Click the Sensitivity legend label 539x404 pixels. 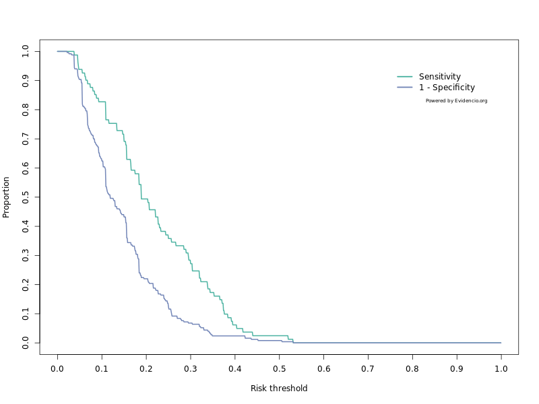tap(439, 77)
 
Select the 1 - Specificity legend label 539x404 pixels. tap(447, 88)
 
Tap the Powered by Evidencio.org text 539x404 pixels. tap(456, 101)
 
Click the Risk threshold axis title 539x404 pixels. tap(279, 389)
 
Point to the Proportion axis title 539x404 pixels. tap(7, 197)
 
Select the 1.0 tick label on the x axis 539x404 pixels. tap(501, 369)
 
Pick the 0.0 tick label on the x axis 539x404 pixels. tap(57, 369)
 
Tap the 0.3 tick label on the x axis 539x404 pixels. tap(191, 369)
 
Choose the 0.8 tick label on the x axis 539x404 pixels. tap(412, 369)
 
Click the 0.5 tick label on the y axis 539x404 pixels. tap(26, 197)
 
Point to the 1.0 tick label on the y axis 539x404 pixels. tap(26, 51)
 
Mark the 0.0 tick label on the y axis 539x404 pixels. tap(26, 343)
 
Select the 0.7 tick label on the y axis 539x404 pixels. tap(26, 139)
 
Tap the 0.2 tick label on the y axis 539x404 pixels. tap(26, 285)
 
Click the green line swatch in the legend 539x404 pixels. tap(404, 77)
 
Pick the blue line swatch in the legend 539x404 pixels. tap(404, 88)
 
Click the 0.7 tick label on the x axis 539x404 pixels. tap(368, 369)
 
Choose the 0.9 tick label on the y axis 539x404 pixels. tap(26, 80)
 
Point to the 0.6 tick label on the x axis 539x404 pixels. tap(323, 369)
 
